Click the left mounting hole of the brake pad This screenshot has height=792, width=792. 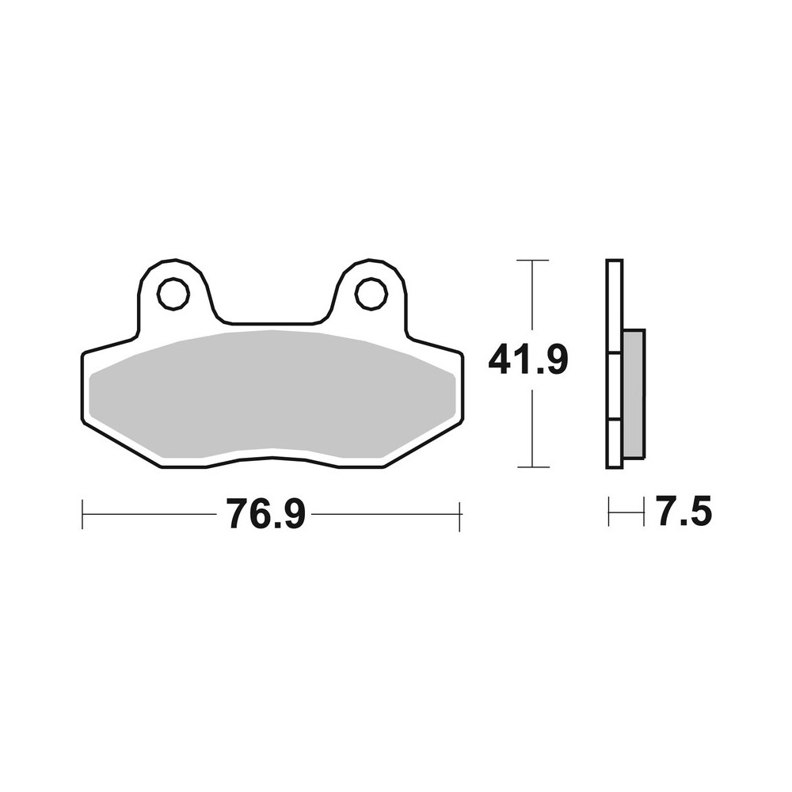[173, 294]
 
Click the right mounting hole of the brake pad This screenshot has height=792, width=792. [371, 294]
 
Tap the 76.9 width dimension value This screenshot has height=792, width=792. [265, 515]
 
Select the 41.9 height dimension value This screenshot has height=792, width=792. [528, 361]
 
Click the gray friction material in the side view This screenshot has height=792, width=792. [634, 394]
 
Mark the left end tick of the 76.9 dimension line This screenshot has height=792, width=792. [82, 515]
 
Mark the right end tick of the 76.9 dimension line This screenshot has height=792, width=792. [459, 515]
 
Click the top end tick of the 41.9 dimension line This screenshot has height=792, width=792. [532, 260]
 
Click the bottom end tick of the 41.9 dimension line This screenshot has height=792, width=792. [532, 467]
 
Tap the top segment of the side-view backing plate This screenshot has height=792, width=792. [615, 305]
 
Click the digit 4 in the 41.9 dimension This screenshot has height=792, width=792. [500, 361]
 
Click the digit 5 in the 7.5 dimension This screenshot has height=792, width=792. [700, 513]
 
